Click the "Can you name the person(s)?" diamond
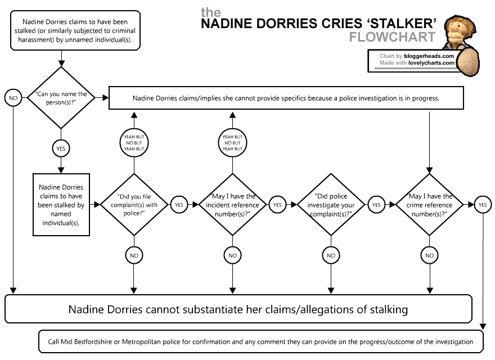[61, 98]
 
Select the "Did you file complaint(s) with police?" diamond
[134, 205]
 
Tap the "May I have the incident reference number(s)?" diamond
[232, 205]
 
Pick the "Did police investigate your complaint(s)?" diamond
[330, 205]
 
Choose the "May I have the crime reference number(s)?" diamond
[430, 205]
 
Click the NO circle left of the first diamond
[12, 98]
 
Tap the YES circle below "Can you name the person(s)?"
[61, 149]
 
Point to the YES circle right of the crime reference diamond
[482, 205]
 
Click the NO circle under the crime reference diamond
[430, 255]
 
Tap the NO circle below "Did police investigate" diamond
[330, 255]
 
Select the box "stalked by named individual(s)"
[61, 205]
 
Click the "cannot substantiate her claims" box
[238, 309]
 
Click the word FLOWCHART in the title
[392, 37]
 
